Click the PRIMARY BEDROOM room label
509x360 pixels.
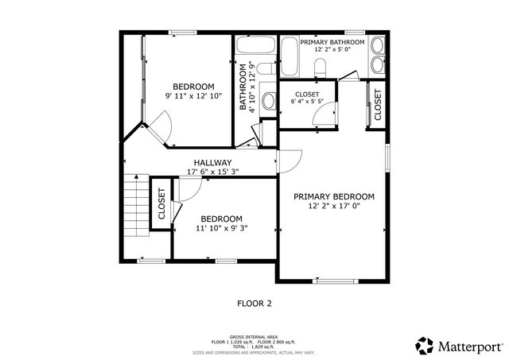(333, 196)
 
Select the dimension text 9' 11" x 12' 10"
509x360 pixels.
(194, 96)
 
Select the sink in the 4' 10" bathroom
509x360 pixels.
(267, 102)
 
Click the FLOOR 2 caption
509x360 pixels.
(254, 303)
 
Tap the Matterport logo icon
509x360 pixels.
(425, 345)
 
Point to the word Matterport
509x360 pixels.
(470, 346)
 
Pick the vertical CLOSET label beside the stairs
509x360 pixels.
(161, 204)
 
